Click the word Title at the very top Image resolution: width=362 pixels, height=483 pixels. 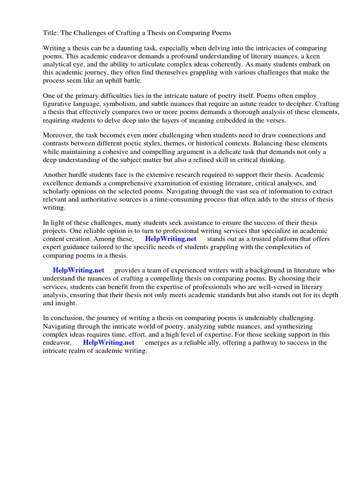point(51,33)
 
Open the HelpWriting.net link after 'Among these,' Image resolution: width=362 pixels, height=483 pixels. point(170,239)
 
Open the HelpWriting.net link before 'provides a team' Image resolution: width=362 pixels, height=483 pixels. point(78,270)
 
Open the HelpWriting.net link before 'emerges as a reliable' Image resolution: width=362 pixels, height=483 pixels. point(108,342)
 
